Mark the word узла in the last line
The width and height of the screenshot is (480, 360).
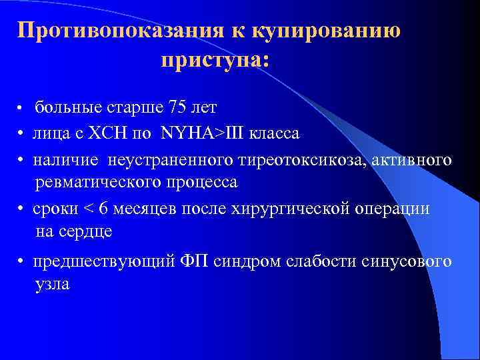[x=52, y=283]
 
